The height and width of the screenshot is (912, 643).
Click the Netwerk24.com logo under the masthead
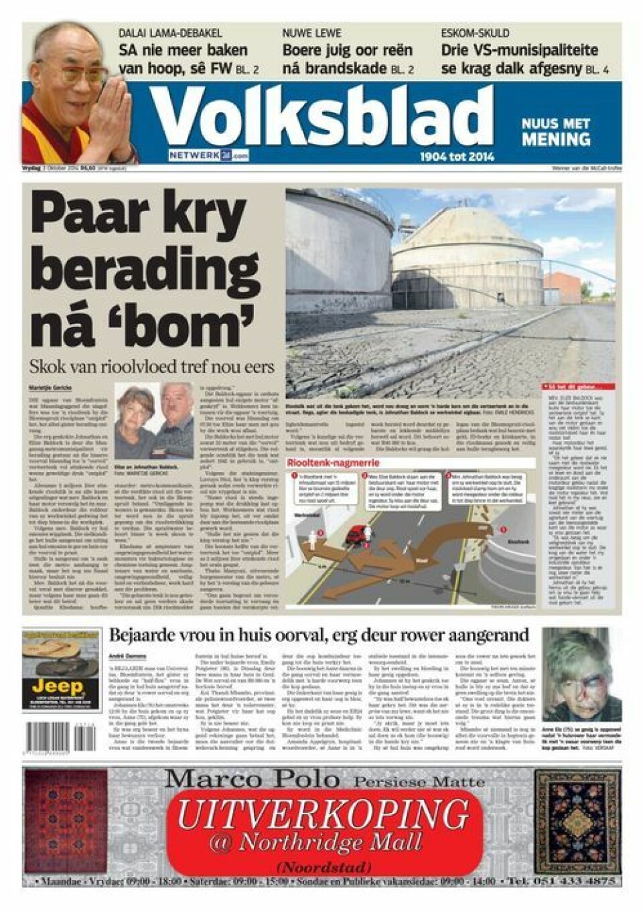pyautogui.click(x=208, y=155)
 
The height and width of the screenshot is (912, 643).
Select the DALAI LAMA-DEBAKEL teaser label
pyautogui.click(x=170, y=33)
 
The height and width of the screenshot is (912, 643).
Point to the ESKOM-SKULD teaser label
pyautogui.click(x=474, y=33)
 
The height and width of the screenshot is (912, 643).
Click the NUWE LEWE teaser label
pyautogui.click(x=311, y=33)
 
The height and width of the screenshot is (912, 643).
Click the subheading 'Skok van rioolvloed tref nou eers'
pyautogui.click(x=151, y=367)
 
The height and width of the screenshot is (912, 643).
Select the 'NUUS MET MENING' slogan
pyautogui.click(x=555, y=132)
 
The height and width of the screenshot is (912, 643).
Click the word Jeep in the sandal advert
pyautogui.click(x=58, y=686)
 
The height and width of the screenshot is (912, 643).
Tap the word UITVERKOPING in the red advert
pyautogui.click(x=323, y=814)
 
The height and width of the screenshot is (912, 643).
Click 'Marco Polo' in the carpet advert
pyautogui.click(x=253, y=779)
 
